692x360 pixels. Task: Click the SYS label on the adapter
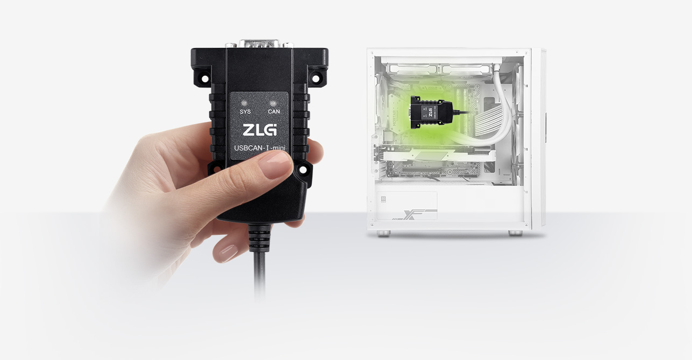point(245,111)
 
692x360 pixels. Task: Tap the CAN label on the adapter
point(274,111)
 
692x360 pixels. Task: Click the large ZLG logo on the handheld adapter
point(260,130)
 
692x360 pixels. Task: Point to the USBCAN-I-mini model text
point(260,148)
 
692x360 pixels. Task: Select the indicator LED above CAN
point(273,103)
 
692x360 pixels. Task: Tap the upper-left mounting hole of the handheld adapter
point(205,77)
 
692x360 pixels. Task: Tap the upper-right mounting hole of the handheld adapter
point(315,78)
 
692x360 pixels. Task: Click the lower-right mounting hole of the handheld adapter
point(302,169)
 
